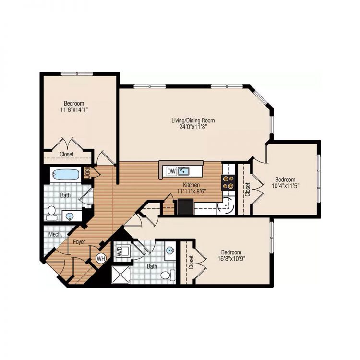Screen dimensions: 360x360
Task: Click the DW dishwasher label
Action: tap(171, 171)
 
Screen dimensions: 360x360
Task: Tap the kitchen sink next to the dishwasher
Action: tap(183, 171)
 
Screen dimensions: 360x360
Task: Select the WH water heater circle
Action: tap(101, 258)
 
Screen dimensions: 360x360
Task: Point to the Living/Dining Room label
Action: tap(193, 120)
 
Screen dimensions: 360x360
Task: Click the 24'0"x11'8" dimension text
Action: tap(193, 128)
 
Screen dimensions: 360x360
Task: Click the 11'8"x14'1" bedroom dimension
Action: tap(73, 109)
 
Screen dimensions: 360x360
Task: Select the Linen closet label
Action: tap(88, 171)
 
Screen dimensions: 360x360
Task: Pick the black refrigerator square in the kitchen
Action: tap(185, 206)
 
